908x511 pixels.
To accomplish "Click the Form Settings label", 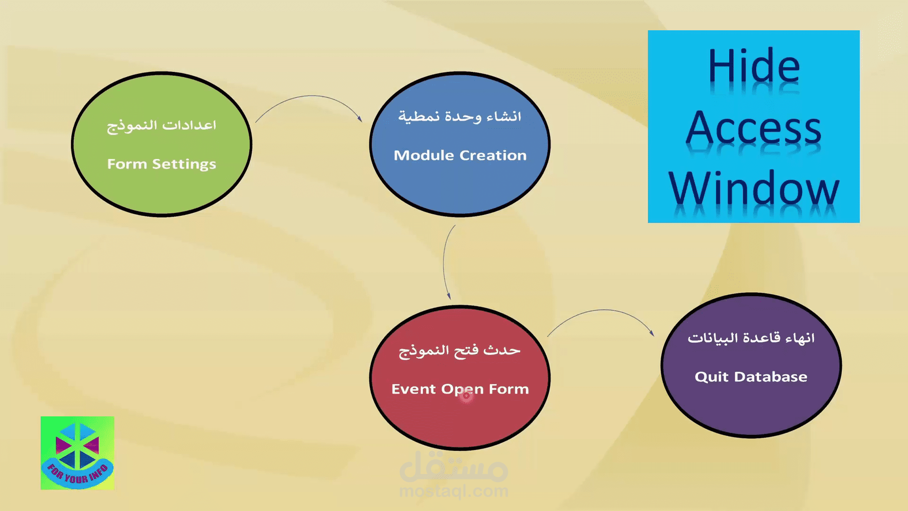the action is pos(161,164).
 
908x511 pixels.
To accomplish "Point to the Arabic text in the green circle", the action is pos(161,126).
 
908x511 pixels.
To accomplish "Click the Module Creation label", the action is pos(460,155).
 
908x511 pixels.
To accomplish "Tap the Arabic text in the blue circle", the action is pos(460,116).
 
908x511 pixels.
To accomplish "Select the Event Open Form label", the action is pos(460,389).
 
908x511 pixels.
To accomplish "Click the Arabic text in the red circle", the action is pos(460,351).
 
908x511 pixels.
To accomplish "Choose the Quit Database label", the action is pos(751,377).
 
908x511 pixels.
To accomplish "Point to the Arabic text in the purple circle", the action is pos(751,338).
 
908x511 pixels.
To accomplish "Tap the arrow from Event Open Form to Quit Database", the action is pos(603,310).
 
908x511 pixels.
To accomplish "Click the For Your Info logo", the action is pos(78,453).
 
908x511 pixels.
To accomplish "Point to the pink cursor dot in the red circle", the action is pos(466,396).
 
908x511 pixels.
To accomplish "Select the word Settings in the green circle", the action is pos(184,164).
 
